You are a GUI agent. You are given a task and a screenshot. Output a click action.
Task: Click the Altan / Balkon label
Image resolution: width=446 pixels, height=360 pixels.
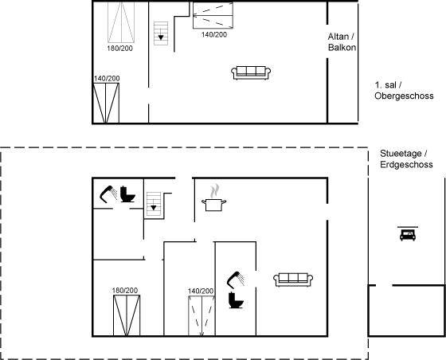click(x=342, y=41)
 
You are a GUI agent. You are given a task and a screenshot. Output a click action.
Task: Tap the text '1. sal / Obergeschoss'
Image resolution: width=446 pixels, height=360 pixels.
click(x=404, y=91)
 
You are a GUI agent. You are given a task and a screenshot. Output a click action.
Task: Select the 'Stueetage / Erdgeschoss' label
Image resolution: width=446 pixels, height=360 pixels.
click(x=406, y=159)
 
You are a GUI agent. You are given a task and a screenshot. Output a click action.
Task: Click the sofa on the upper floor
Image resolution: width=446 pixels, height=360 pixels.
click(x=251, y=72)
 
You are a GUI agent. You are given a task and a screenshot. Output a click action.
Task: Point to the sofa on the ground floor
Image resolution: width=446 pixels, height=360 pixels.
click(x=293, y=280)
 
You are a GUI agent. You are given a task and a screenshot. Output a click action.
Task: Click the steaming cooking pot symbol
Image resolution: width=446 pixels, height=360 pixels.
click(x=214, y=198)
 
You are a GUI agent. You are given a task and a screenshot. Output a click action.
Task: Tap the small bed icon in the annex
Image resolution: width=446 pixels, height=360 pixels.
click(x=408, y=233)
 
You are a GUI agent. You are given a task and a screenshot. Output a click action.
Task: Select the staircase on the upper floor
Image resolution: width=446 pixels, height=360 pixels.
click(x=161, y=33)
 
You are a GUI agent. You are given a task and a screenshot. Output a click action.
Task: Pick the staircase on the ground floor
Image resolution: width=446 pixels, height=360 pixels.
click(x=154, y=204)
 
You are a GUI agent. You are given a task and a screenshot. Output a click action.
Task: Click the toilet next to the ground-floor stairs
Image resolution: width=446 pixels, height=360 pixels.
click(x=127, y=194)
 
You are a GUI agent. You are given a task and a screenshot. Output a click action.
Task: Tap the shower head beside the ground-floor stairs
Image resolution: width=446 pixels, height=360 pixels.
click(x=108, y=194)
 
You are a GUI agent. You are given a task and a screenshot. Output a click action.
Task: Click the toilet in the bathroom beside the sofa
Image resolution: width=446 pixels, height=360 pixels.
click(x=236, y=300)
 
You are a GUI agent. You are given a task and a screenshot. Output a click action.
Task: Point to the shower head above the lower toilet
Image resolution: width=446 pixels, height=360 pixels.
click(x=236, y=280)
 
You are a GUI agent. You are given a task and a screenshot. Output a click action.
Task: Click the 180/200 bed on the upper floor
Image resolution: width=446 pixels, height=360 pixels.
click(x=121, y=22)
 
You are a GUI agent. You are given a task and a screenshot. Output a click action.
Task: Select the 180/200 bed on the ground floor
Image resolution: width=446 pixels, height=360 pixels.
click(x=127, y=315)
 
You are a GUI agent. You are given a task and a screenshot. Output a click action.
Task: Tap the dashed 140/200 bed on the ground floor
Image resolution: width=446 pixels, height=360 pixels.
click(x=201, y=316)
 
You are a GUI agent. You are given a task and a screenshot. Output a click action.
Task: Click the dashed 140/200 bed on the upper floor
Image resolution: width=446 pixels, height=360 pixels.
click(x=213, y=15)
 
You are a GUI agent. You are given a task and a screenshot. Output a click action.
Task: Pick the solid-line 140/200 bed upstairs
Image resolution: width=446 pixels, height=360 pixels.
click(x=106, y=103)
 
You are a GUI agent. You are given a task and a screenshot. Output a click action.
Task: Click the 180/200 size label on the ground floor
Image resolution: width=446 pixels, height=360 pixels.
click(x=125, y=291)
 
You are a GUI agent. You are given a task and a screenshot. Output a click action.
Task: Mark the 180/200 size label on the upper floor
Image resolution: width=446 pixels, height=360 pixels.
click(x=119, y=49)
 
